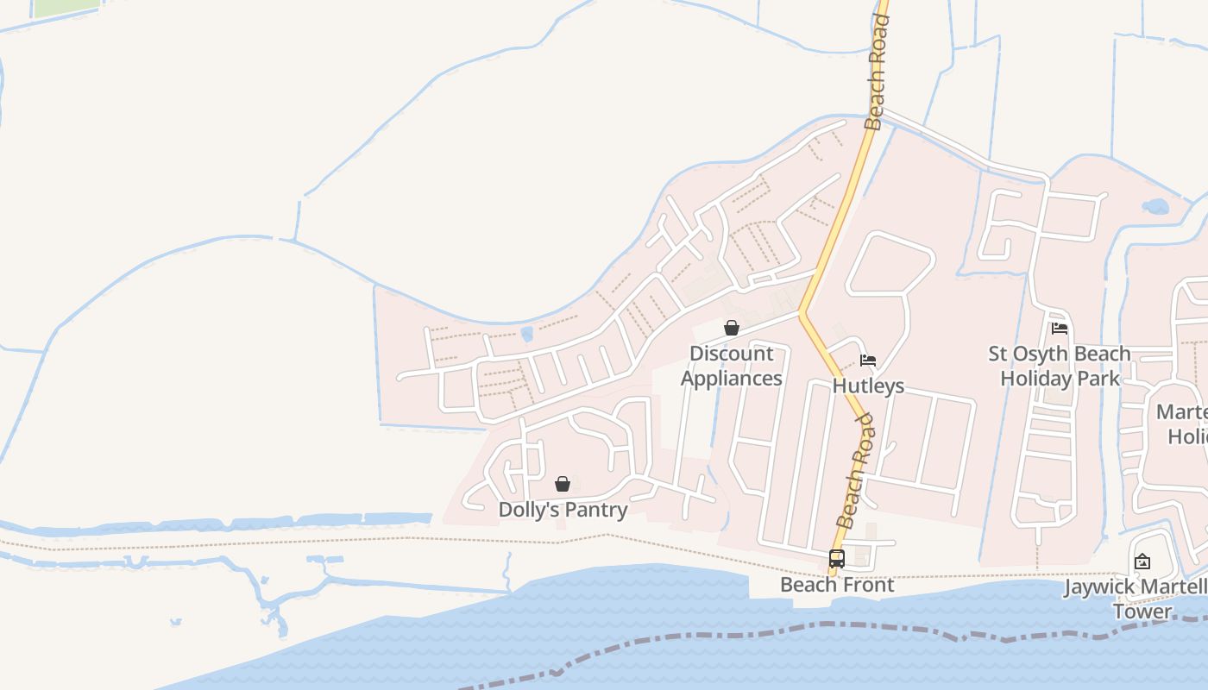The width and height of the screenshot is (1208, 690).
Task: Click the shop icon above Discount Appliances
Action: (732, 328)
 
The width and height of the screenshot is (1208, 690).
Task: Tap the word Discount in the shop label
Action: (732, 354)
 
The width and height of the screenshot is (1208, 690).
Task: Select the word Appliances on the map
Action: (732, 379)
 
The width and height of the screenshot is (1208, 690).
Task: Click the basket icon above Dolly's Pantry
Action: (563, 484)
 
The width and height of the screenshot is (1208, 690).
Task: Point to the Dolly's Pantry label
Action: (563, 510)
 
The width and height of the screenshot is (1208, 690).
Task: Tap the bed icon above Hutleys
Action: (869, 361)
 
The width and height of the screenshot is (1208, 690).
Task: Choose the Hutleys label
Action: (868, 386)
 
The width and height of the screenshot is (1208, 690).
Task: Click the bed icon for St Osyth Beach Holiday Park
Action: (1060, 328)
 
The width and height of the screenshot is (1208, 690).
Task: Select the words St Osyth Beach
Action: (1060, 354)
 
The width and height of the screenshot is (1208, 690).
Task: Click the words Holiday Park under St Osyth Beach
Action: (1060, 379)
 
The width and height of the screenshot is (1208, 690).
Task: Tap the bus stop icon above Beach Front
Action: (836, 559)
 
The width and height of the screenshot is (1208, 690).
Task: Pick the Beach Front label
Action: (837, 585)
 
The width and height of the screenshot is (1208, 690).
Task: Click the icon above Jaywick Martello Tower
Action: (1142, 561)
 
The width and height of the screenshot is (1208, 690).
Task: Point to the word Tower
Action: (1142, 612)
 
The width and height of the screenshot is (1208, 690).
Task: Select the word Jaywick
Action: (1098, 587)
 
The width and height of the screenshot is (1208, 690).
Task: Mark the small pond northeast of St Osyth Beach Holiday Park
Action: (1155, 207)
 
